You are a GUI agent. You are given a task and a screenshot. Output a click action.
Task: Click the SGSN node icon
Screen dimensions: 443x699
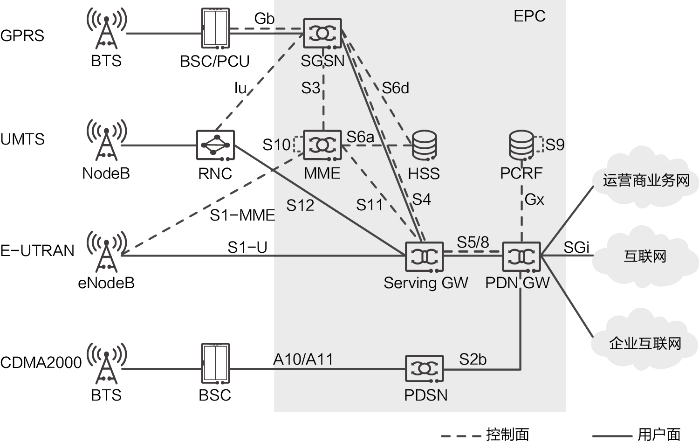click(322, 33)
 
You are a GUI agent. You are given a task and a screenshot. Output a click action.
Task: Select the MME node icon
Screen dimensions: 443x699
click(322, 145)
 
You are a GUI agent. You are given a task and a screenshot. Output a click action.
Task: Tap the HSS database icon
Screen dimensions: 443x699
click(425, 145)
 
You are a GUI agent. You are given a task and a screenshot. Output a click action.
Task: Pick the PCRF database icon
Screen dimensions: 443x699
click(521, 145)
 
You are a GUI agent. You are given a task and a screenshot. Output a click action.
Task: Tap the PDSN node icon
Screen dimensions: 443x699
click(425, 369)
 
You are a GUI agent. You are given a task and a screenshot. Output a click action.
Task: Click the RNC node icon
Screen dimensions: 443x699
click(215, 145)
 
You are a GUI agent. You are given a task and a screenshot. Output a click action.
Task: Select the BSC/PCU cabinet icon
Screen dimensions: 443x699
click(215, 29)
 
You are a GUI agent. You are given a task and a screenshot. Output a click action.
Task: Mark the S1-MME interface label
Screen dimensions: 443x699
click(242, 215)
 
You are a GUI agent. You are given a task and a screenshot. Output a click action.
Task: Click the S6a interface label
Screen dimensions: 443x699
click(360, 137)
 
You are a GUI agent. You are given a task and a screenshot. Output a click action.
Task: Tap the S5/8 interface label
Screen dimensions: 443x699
click(473, 242)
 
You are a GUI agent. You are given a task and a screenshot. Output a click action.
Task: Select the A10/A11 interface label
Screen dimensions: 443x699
click(303, 360)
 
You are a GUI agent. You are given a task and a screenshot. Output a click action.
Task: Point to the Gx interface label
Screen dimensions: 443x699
click(535, 200)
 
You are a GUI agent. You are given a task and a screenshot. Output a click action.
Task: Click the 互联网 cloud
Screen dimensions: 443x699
click(645, 256)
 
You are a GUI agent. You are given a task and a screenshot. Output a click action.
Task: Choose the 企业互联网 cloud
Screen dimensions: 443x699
click(645, 343)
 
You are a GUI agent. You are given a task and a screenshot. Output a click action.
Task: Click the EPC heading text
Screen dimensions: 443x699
click(529, 16)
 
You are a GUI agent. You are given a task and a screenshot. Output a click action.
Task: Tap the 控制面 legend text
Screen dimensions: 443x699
click(507, 434)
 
